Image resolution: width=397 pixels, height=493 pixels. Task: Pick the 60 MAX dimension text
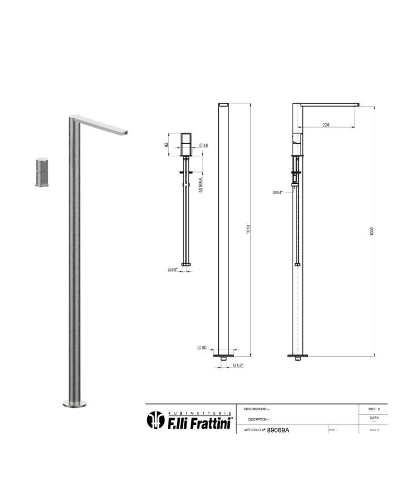coord(200,186)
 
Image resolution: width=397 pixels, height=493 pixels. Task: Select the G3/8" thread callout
coord(174,269)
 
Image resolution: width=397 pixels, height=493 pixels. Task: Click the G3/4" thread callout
coord(278,193)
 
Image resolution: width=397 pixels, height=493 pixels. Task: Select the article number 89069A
coord(278,431)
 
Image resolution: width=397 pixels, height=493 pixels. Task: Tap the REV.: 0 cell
coord(374,408)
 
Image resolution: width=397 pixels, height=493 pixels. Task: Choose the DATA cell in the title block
coord(374,419)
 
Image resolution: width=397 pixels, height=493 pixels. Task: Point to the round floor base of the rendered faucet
coord(75,403)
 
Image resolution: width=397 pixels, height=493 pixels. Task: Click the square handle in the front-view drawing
coord(188,145)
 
